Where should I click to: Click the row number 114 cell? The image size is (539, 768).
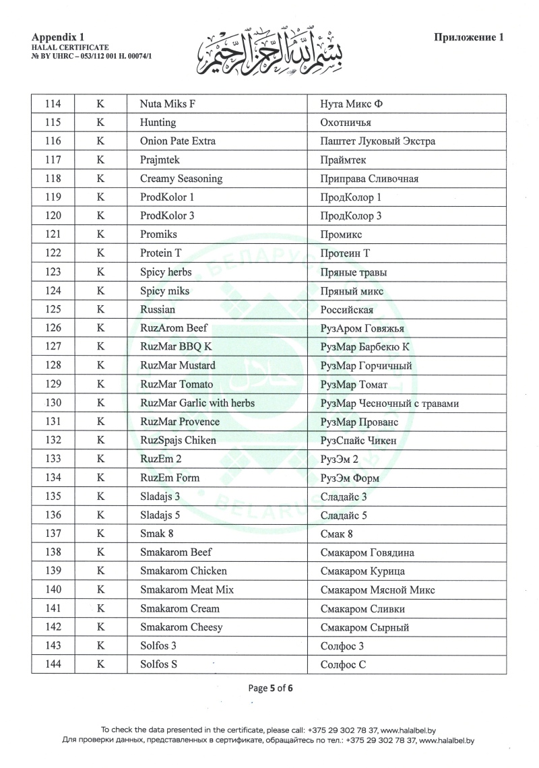click(x=53, y=104)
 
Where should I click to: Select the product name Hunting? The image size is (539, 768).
click(x=158, y=123)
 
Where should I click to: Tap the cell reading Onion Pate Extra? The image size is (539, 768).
click(x=178, y=141)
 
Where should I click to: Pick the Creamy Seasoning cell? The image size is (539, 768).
click(x=181, y=179)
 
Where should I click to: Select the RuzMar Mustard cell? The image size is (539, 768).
click(x=178, y=365)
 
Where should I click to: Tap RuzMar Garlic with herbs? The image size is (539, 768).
click(x=197, y=403)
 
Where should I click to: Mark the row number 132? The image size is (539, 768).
click(x=53, y=441)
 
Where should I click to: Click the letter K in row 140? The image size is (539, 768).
click(x=100, y=590)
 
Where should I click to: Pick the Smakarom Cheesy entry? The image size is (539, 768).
click(x=181, y=627)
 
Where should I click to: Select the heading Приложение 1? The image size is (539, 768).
click(x=468, y=38)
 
